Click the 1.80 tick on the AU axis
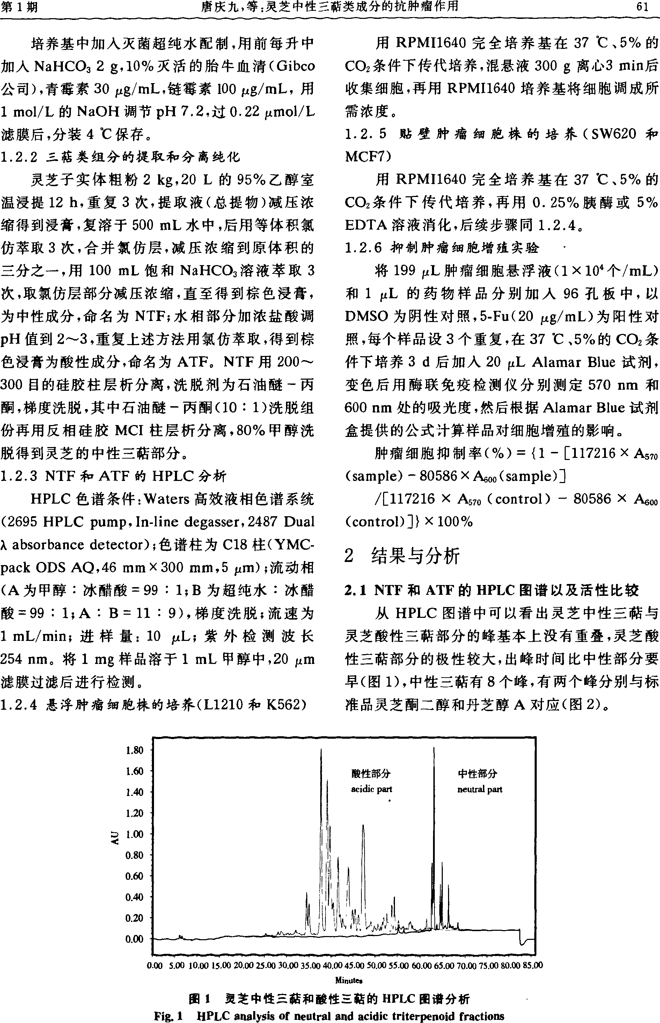(x=134, y=750)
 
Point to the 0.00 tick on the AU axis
(x=134, y=939)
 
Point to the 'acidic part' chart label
(x=371, y=789)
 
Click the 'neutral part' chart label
(x=479, y=789)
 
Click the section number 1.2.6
(x=363, y=248)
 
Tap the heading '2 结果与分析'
(x=402, y=556)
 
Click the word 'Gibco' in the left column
(x=295, y=66)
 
